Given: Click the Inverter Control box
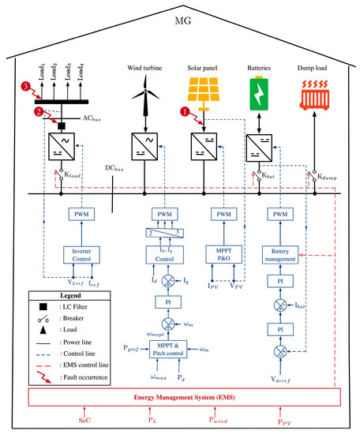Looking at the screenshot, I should point(81,255).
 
